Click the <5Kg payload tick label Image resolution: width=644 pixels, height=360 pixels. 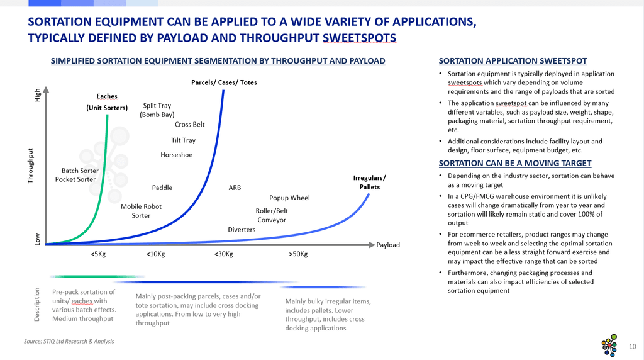98,254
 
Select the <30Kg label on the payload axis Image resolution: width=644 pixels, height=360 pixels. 223,254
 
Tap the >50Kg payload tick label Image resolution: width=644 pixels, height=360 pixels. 298,254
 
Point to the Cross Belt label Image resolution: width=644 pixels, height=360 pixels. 189,124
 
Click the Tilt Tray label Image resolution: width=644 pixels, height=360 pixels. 183,140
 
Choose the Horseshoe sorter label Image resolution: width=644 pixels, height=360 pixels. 176,155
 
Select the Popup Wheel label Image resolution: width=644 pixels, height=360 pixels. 289,198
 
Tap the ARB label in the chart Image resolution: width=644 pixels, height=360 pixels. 235,188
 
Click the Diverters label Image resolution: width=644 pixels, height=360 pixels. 241,230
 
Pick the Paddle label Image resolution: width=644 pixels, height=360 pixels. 162,188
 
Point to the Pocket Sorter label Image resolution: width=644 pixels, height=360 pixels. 75,179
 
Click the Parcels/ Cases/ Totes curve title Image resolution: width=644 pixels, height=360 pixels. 224,82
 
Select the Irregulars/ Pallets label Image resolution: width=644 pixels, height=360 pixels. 369,183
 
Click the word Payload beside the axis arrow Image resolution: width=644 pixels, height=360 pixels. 387,245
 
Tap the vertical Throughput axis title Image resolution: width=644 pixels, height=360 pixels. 30,166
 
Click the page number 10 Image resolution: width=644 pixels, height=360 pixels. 633,346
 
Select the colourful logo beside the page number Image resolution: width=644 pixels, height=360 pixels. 609,345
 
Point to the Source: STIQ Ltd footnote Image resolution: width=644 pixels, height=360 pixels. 69,341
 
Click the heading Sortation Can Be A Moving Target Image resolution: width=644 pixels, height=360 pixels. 514,163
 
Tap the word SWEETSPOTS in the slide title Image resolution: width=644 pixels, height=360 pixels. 359,38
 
